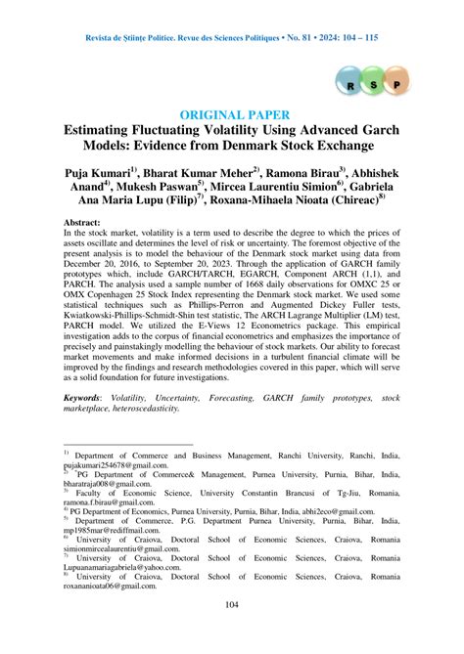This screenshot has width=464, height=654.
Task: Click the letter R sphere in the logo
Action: (x=349, y=85)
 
